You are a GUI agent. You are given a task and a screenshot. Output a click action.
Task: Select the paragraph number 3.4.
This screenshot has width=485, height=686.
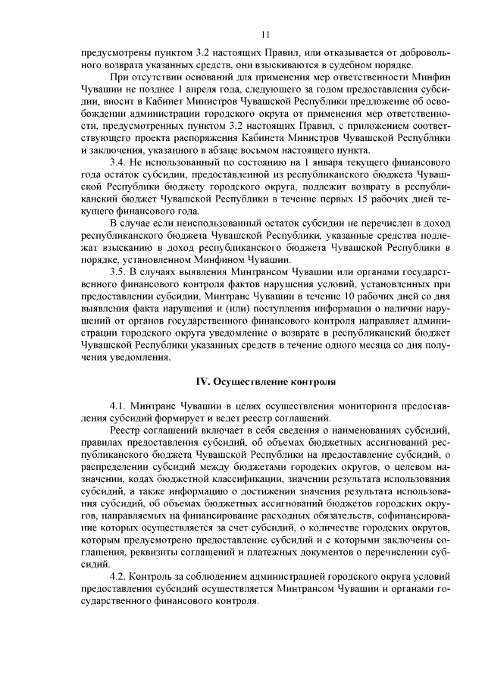point(118,162)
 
